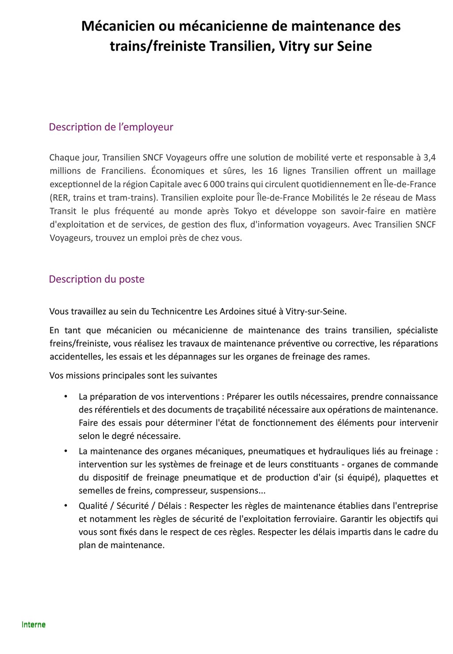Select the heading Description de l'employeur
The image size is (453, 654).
point(111,127)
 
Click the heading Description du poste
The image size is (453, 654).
point(96,279)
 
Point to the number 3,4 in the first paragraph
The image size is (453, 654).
point(429,157)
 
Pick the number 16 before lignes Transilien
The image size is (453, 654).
point(273,171)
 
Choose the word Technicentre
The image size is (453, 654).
point(177,312)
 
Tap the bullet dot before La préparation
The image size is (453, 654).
point(66,396)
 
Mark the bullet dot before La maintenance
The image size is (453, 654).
point(66,451)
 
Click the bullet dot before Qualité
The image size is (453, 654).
point(66,505)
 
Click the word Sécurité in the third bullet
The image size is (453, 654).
point(132,506)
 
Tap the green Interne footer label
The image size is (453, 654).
point(34,625)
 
